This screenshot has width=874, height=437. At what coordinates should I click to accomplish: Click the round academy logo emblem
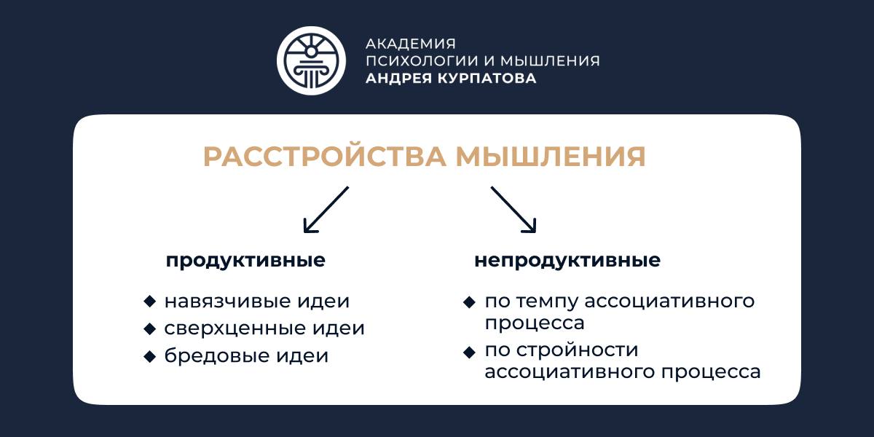(x=311, y=60)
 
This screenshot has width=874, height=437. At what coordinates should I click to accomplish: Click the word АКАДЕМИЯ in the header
(x=411, y=44)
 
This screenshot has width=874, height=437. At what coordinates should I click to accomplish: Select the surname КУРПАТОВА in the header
(x=487, y=78)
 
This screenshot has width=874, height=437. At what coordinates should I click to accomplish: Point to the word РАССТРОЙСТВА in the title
(x=324, y=156)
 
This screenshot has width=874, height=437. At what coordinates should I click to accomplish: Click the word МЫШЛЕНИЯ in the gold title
(x=551, y=157)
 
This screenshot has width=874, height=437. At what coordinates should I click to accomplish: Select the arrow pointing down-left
(x=326, y=210)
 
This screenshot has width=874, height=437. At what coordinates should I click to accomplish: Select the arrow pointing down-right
(x=513, y=210)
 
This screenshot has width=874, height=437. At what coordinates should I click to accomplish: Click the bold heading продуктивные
(x=245, y=261)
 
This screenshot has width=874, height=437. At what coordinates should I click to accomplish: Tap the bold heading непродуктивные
(x=567, y=260)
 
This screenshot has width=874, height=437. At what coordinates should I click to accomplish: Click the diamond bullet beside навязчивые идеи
(x=150, y=302)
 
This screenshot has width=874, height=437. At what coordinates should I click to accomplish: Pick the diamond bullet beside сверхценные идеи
(x=150, y=329)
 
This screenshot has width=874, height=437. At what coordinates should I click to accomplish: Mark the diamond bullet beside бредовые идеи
(x=150, y=356)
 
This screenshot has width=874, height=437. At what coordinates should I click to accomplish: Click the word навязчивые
(x=227, y=302)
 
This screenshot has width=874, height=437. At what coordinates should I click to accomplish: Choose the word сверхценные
(x=234, y=328)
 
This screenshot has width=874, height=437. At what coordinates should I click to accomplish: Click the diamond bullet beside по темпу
(x=469, y=302)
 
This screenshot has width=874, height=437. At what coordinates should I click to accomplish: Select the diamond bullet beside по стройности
(x=469, y=353)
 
